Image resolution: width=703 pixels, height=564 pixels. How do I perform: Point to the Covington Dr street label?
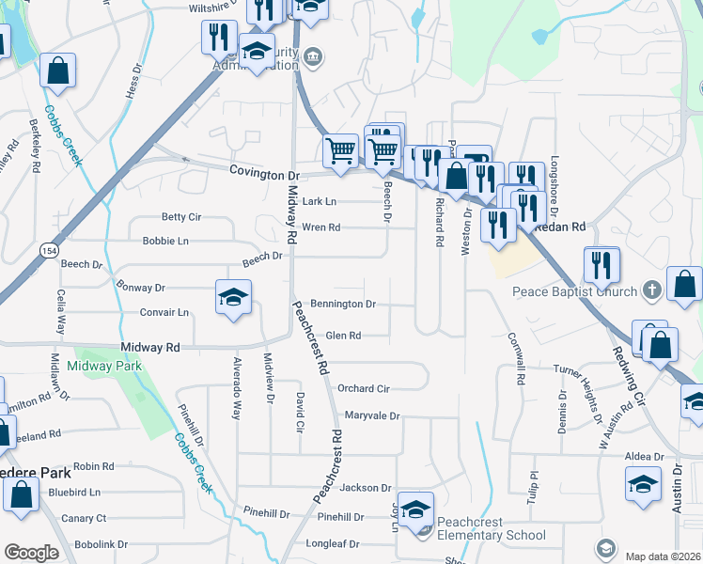pos(264,175)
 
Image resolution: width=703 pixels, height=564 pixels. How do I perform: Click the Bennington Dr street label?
pos(343,305)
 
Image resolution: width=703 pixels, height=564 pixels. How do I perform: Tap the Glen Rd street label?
pos(343,336)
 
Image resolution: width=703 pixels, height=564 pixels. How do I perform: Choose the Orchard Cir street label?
pos(363,388)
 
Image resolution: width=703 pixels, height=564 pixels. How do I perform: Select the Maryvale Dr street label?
pos(372,415)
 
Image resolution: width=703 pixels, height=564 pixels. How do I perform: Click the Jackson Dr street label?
pos(365,488)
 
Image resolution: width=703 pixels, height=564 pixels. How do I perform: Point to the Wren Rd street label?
pos(320,227)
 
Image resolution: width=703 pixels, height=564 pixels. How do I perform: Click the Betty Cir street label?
pos(181,217)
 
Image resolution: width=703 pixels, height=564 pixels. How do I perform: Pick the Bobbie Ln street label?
pos(165,242)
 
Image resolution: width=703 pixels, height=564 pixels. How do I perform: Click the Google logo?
pos(31,553)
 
